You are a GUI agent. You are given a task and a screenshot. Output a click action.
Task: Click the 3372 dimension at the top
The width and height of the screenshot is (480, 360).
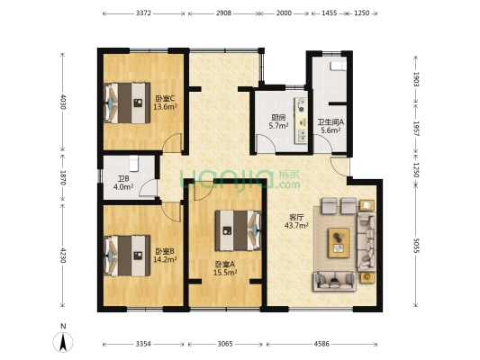[143, 13]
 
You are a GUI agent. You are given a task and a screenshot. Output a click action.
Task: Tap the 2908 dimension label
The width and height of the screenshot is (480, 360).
[223, 13]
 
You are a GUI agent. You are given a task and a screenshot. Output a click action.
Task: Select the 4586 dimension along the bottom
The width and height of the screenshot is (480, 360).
[322, 344]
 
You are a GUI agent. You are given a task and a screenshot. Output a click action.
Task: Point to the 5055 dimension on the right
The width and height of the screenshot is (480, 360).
[416, 246]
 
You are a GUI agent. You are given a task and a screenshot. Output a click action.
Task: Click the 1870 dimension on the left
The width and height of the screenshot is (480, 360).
[63, 177]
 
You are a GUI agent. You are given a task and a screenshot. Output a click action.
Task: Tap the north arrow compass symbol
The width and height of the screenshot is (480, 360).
[63, 342]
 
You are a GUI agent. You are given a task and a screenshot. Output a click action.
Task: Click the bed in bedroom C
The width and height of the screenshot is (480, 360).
[127, 103]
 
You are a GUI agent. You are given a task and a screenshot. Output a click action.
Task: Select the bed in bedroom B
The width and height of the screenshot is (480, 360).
[127, 256]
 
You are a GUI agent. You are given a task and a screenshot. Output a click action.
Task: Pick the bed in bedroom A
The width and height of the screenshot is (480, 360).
[238, 230]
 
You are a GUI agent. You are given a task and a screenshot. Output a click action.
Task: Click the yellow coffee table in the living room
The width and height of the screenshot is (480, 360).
[339, 243]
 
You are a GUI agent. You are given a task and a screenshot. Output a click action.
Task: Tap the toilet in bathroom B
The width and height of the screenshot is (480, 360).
[134, 164]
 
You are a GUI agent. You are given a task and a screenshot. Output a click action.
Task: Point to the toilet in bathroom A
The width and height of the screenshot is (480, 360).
[338, 66]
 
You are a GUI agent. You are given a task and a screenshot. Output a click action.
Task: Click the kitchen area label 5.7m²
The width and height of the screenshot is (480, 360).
[278, 125]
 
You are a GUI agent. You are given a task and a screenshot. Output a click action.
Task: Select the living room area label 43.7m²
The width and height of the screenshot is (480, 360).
[296, 226]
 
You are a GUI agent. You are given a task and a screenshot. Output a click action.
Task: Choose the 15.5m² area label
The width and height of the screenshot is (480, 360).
[225, 272]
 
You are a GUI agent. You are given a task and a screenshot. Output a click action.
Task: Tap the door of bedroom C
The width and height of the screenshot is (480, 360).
[172, 142]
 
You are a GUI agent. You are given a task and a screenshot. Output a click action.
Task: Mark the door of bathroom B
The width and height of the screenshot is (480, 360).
[148, 187]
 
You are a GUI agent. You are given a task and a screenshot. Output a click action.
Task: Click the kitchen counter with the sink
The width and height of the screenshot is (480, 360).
[301, 121]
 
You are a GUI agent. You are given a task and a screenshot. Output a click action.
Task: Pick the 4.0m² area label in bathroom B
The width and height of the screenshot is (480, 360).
[123, 186]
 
